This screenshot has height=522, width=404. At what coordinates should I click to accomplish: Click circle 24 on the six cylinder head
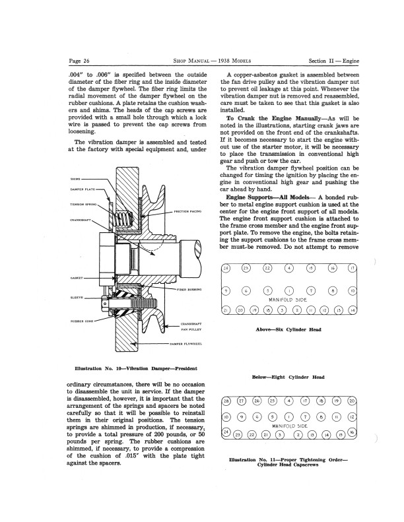click(x=226, y=268)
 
